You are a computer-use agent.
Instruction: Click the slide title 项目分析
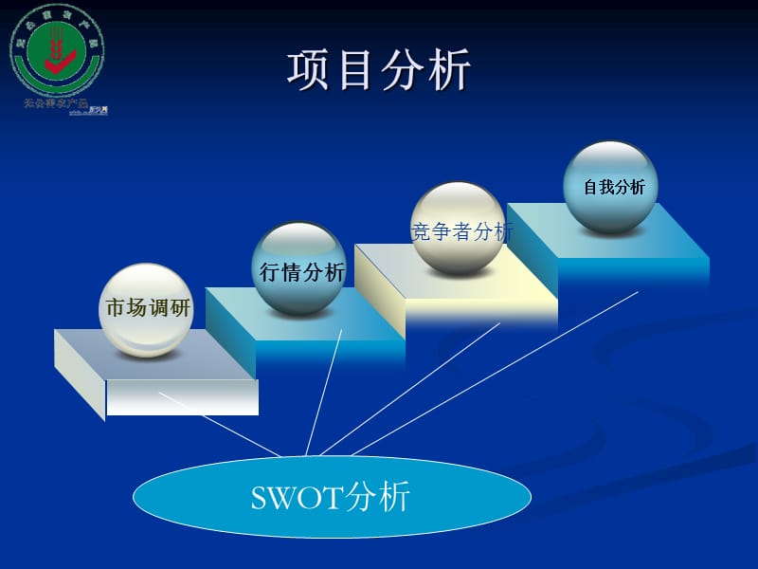[x=379, y=72]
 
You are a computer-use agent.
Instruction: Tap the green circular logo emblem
[x=57, y=50]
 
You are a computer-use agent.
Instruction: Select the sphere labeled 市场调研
[x=146, y=310]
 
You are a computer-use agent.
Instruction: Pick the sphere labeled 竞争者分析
[x=459, y=229]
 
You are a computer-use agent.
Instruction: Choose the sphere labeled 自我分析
[x=611, y=187]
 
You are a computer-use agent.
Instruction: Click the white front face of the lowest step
[x=182, y=397]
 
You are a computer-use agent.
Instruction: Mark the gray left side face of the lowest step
[x=80, y=375]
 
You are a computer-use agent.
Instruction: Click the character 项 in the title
[x=310, y=72]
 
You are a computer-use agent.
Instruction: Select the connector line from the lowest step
[x=218, y=422]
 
